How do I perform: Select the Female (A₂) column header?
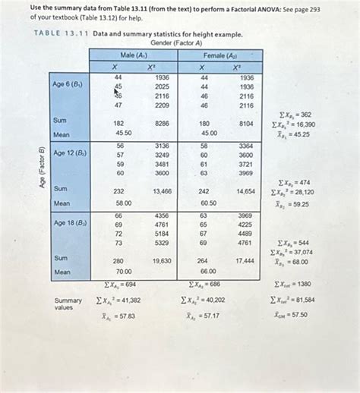click(x=219, y=55)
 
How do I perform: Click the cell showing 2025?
click(x=162, y=87)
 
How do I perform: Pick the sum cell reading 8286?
click(x=162, y=122)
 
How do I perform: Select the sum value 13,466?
click(x=162, y=192)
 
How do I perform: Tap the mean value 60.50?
click(x=207, y=203)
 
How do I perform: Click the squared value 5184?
click(x=162, y=234)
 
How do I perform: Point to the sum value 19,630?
click(x=162, y=260)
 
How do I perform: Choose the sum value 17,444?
click(x=245, y=260)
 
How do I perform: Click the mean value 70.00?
click(x=122, y=271)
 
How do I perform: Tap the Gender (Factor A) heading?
click(x=176, y=42)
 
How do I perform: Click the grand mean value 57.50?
click(x=298, y=313)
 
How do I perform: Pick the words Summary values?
click(x=67, y=303)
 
